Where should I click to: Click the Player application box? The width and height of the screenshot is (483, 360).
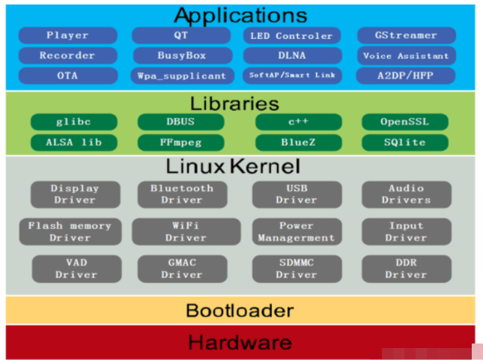point(67,35)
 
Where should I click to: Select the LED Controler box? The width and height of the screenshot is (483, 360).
point(292,36)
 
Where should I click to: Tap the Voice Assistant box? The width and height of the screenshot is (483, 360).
point(407,55)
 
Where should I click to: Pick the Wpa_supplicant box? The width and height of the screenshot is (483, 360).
point(182,76)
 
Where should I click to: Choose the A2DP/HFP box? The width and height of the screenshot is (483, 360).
point(406,76)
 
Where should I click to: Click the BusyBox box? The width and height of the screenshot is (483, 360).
point(183,55)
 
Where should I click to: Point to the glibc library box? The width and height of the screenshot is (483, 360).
point(74,122)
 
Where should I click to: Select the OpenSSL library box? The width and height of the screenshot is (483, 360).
point(405,122)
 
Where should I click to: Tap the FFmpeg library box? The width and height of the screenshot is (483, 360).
point(180,143)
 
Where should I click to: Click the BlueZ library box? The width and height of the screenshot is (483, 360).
point(299,143)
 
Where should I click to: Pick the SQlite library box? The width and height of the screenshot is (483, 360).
point(405,143)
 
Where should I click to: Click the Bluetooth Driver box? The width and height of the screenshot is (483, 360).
point(183,195)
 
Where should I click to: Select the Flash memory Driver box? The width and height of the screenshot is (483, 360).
point(70,231)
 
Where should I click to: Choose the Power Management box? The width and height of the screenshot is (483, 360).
point(297,231)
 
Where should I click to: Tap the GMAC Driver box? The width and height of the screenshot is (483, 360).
point(183,269)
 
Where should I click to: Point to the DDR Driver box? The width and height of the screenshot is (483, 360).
point(407,269)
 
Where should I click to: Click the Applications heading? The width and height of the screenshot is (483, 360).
point(240,16)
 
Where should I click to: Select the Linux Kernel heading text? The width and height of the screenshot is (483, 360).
point(233,166)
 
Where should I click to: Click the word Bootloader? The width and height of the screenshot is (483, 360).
point(240,311)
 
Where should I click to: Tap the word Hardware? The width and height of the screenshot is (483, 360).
point(240,343)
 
